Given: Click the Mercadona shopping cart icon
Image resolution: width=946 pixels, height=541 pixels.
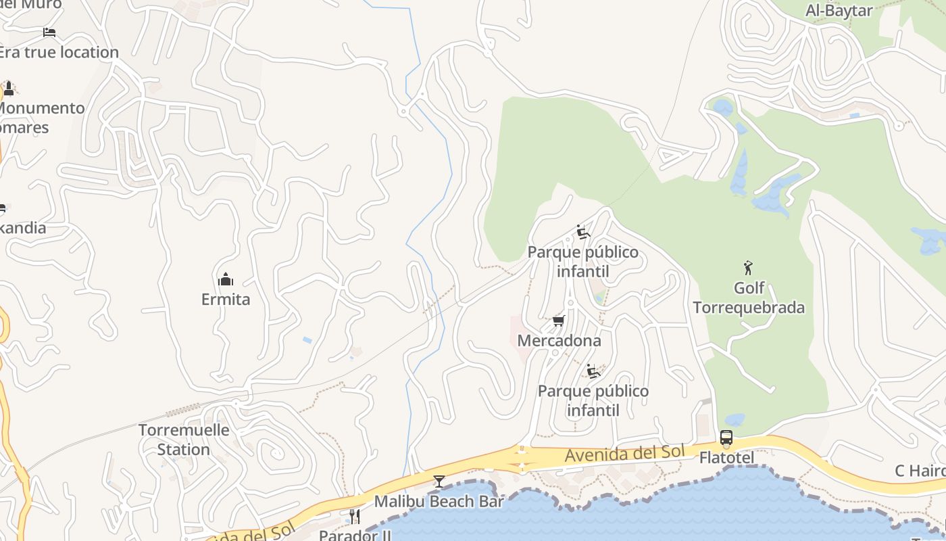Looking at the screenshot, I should pyautogui.click(x=558, y=321).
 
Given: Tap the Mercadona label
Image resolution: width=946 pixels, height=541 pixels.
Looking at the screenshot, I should pyautogui.click(x=559, y=340).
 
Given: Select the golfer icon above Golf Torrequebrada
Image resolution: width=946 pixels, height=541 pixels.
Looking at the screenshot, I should pyautogui.click(x=748, y=268).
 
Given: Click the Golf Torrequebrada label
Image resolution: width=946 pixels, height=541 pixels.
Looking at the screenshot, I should pyautogui.click(x=749, y=298).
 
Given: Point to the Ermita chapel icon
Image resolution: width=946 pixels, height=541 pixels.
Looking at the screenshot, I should pyautogui.click(x=226, y=279).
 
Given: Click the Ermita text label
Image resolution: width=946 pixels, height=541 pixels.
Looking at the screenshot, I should pyautogui.click(x=226, y=299).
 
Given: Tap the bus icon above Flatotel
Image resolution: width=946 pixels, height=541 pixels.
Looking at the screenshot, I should pyautogui.click(x=726, y=438).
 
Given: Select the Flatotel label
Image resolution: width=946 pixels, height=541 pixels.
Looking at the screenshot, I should pyautogui.click(x=726, y=458).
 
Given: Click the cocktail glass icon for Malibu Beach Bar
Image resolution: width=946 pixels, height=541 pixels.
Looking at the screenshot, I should pyautogui.click(x=439, y=481).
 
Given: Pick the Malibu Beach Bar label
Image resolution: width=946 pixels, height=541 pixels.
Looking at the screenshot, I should pyautogui.click(x=439, y=501).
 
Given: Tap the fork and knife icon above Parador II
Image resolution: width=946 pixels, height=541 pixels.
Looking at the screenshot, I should pyautogui.click(x=354, y=517).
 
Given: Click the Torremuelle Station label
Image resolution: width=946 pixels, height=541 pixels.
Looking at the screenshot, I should pyautogui.click(x=184, y=440).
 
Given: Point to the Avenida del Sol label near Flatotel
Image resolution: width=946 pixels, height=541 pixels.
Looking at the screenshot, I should pyautogui.click(x=624, y=454).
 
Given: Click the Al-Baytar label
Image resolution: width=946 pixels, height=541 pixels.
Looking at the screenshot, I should pyautogui.click(x=839, y=10).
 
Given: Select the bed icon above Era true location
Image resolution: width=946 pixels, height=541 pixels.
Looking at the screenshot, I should pyautogui.click(x=49, y=32).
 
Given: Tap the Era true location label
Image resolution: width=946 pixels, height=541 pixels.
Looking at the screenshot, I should pyautogui.click(x=59, y=52).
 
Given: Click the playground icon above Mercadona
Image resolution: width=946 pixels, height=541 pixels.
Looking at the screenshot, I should pyautogui.click(x=582, y=232).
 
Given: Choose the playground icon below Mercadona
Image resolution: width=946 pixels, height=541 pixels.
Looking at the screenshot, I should pyautogui.click(x=593, y=371).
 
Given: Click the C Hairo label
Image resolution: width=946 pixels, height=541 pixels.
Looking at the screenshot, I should pyautogui.click(x=920, y=471).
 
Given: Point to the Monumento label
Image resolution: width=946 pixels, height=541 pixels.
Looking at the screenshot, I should pyautogui.click(x=41, y=108).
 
